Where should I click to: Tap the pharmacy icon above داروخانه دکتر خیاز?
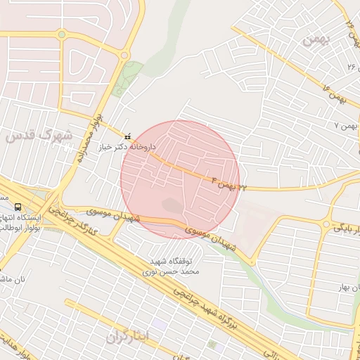[x=127, y=136]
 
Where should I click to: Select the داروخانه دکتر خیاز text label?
[x=127, y=148]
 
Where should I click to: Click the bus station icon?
[x=17, y=207]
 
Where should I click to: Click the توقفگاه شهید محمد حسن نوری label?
[x=173, y=264]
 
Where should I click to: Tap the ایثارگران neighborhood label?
[x=129, y=337]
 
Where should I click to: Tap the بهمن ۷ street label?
[x=346, y=125]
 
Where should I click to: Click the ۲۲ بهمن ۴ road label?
[x=229, y=185]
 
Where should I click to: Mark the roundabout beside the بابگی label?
[x=320, y=229]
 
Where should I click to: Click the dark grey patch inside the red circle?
[x=173, y=206]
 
